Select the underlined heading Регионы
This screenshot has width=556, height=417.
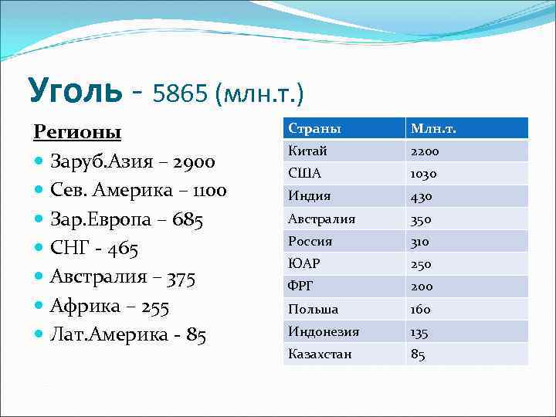tap(77, 132)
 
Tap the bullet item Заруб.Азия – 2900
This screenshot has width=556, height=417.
tap(132, 162)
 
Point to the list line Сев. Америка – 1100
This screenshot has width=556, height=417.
tap(138, 191)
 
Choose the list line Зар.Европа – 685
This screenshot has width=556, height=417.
tap(127, 220)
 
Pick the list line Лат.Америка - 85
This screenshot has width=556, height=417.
tap(128, 336)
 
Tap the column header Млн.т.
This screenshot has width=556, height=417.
tap(433, 128)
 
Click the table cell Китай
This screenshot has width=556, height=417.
tap(307, 151)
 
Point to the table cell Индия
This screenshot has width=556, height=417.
tap(310, 196)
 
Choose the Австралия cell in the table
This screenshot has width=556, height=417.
tap(322, 219)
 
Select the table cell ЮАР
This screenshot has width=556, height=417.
tap(304, 264)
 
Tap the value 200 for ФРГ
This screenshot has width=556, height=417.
tap(422, 286)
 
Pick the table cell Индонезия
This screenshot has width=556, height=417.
tap(324, 331)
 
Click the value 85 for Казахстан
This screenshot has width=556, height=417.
tap(419, 354)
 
